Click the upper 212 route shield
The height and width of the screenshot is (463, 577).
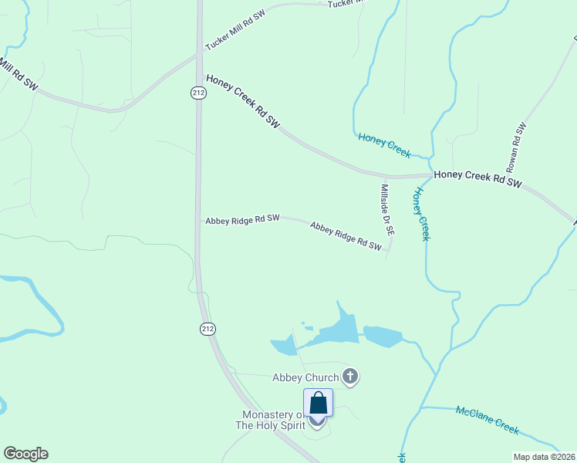[x=198, y=93]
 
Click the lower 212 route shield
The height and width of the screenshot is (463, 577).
[x=208, y=329]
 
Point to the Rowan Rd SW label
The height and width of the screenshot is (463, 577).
[x=515, y=147]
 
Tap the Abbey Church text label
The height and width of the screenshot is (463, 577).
[x=305, y=377]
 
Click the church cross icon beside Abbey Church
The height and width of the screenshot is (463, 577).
[x=350, y=377]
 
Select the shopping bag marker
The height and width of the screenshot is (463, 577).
[x=318, y=404]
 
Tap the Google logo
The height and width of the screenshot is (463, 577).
[x=25, y=454]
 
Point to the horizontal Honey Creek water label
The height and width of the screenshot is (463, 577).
[x=384, y=144]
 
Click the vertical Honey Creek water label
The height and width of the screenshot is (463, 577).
[x=421, y=213]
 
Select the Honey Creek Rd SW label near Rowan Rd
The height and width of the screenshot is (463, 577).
[x=478, y=180]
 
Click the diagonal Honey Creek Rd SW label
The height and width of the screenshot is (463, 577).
[x=242, y=100]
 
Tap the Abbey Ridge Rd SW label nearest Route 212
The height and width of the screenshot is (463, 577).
[x=242, y=219]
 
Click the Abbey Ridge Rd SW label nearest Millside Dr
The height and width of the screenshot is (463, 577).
[x=346, y=236]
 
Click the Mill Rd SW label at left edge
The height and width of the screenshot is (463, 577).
[x=17, y=73]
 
